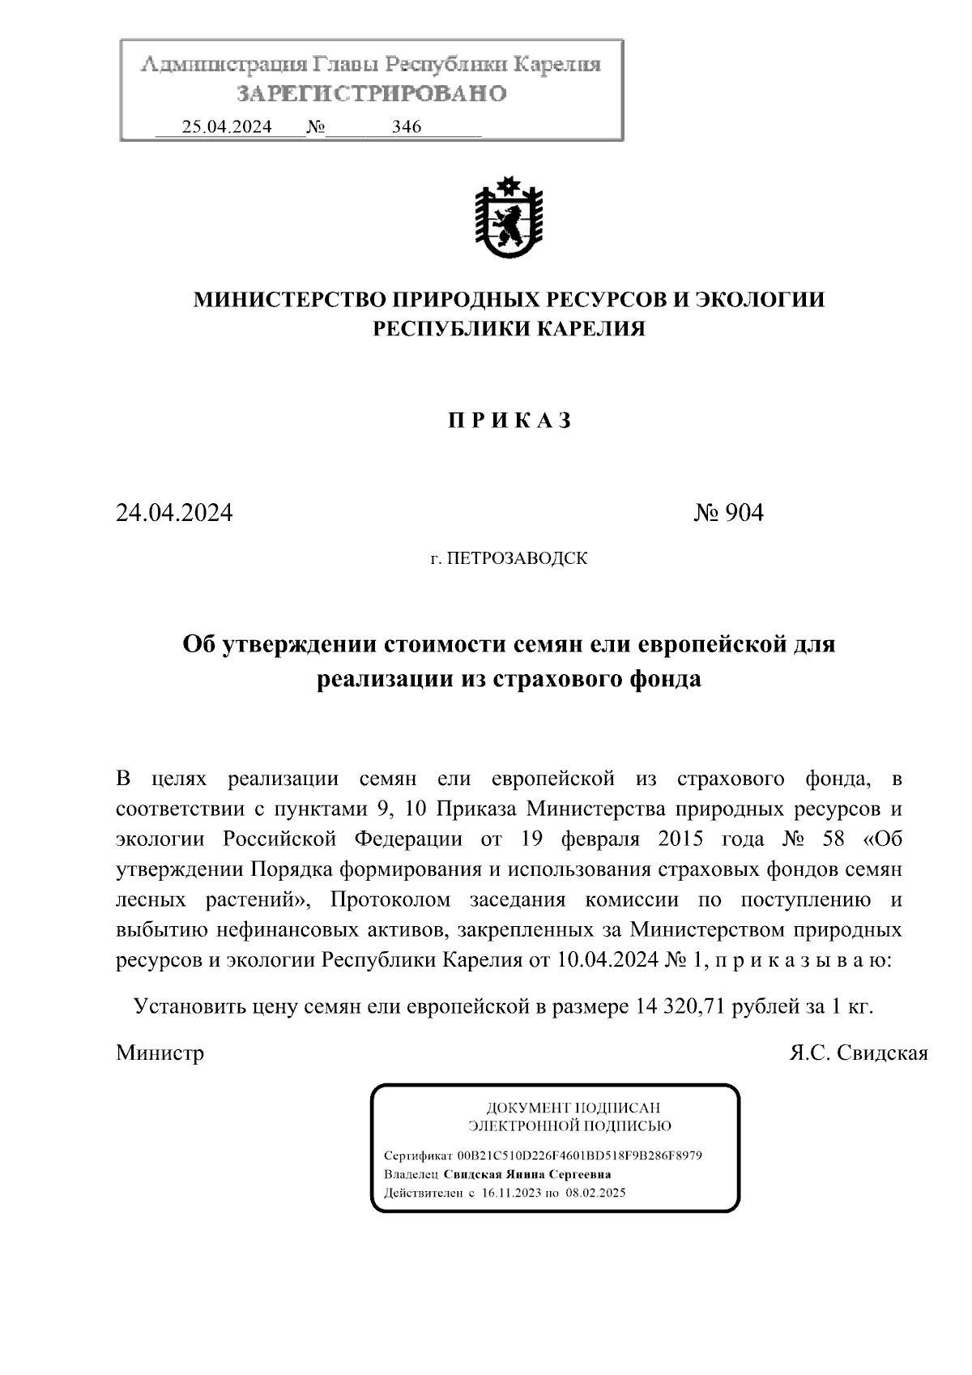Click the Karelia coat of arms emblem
point(509,216)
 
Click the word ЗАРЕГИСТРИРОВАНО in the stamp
point(372,94)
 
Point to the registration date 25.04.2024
point(227,126)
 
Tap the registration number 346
point(407,126)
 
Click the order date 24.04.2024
point(174,513)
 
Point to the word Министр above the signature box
point(160,1053)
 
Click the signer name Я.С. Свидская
point(859,1053)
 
